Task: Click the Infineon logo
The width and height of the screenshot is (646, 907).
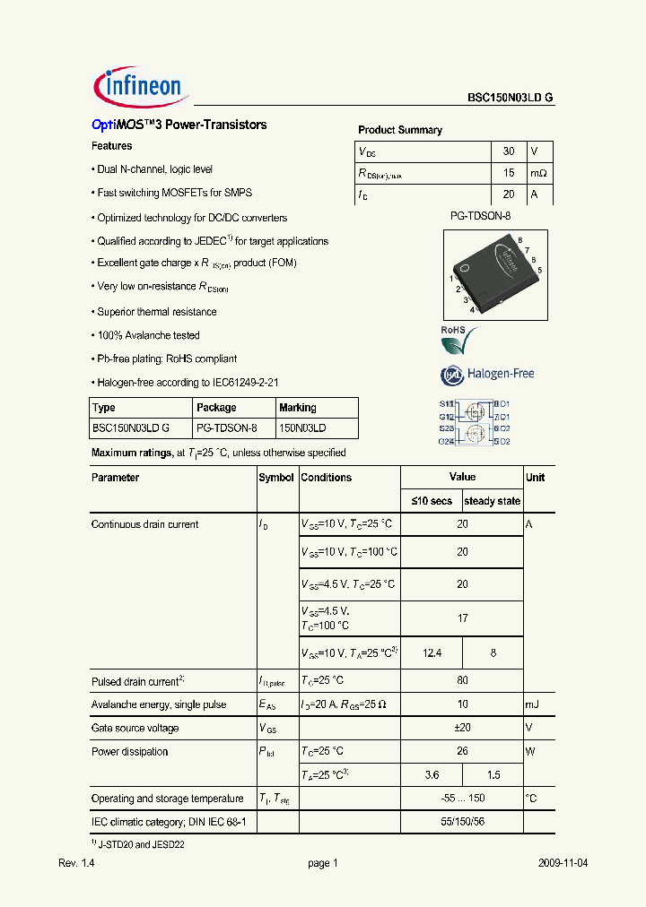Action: [x=138, y=86]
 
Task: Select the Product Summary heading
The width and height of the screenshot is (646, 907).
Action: [x=400, y=130]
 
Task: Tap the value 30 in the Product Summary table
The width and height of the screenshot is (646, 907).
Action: [x=509, y=151]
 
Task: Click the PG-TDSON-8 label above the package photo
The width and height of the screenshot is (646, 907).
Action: [x=480, y=216]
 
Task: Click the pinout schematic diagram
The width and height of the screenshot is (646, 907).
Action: [x=475, y=422]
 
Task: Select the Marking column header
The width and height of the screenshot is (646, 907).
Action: [x=297, y=408]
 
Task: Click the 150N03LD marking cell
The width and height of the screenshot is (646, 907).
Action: [x=302, y=428]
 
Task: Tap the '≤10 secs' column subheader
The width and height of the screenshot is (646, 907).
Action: [x=431, y=501]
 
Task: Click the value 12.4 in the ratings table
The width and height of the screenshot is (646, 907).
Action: [x=431, y=653]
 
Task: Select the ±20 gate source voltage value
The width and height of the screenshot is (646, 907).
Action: [x=461, y=729]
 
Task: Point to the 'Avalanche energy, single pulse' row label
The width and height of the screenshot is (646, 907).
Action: [x=159, y=705]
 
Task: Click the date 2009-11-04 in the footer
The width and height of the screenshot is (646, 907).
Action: [x=563, y=863]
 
